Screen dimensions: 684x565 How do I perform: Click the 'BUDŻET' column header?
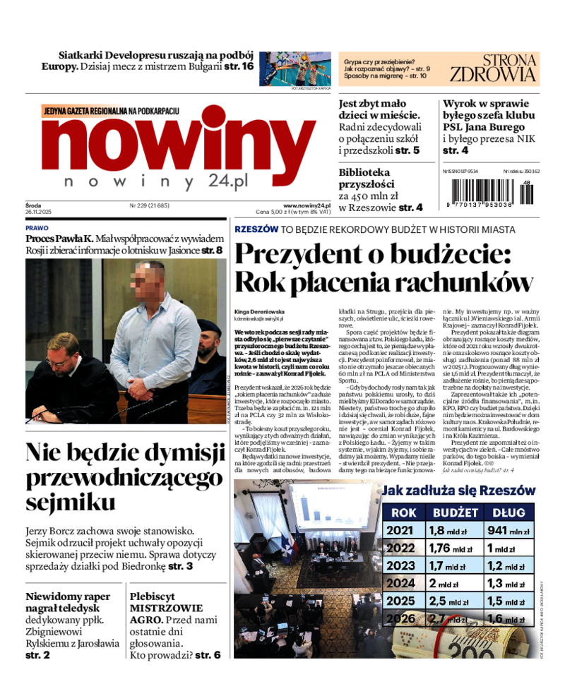pos(455,512)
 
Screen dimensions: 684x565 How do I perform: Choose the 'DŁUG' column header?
pos(509,512)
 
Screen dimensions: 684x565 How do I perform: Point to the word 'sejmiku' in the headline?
pos(71,502)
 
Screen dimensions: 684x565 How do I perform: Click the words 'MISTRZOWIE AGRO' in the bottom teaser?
pos(167,613)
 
